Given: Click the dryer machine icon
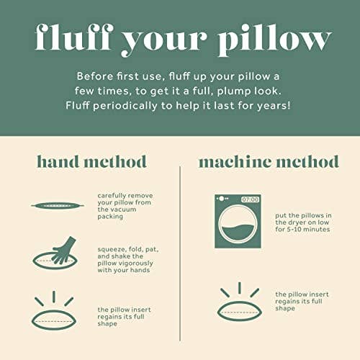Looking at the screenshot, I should pyautogui.click(x=238, y=220).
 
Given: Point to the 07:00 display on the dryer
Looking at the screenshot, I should pyautogui.click(x=249, y=199).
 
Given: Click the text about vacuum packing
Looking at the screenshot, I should pyautogui.click(x=123, y=205).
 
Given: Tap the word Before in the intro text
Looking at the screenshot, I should pyautogui.click(x=96, y=75).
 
